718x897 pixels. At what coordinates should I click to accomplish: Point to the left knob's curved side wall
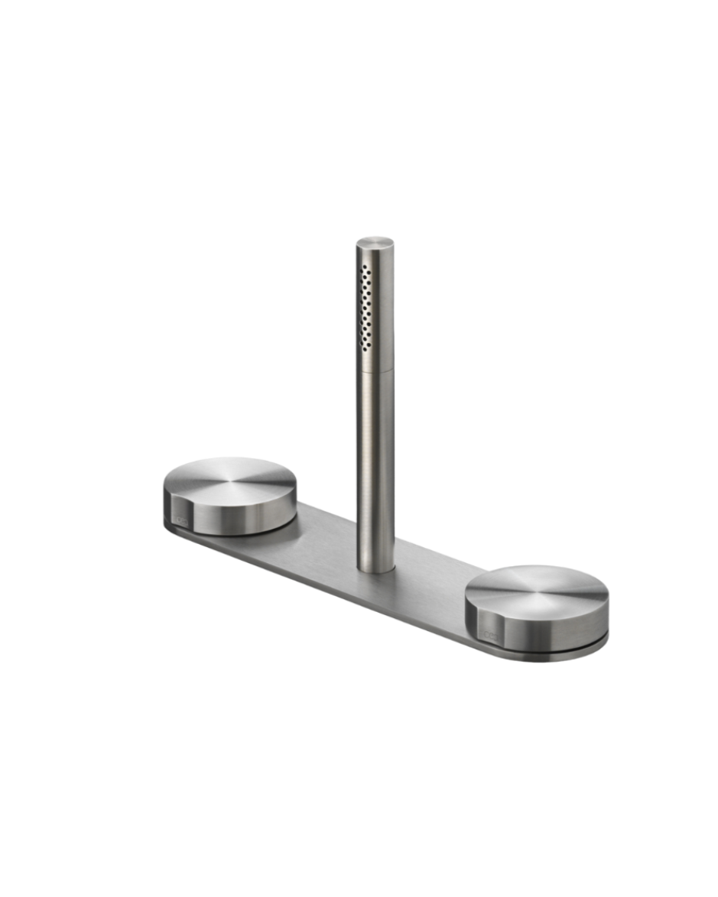tap(245, 514)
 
